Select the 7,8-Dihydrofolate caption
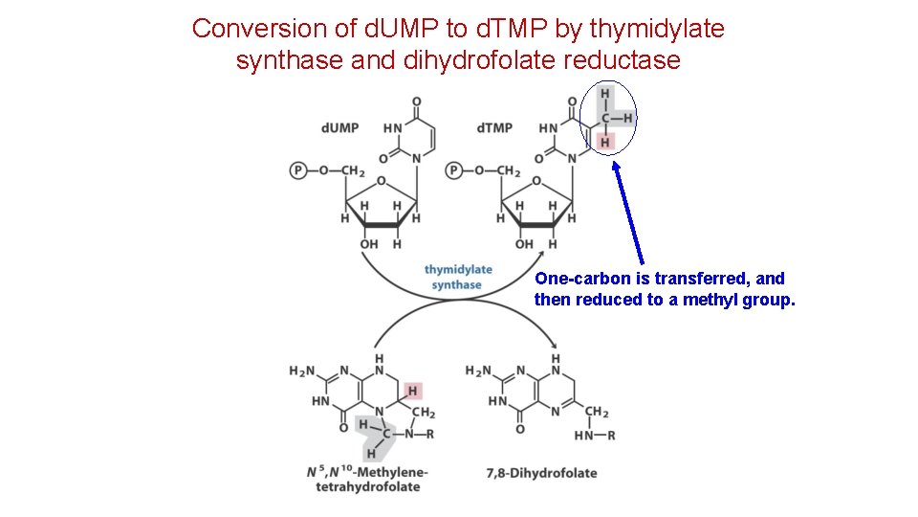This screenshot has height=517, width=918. pyautogui.click(x=541, y=473)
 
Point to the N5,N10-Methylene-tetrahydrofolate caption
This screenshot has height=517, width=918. pyautogui.click(x=366, y=480)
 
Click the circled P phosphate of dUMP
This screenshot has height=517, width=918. pyautogui.click(x=298, y=170)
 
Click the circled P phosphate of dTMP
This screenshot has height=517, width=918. pyautogui.click(x=454, y=170)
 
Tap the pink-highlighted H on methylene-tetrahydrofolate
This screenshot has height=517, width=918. pyautogui.click(x=412, y=391)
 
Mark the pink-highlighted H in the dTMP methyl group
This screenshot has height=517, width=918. pyautogui.click(x=604, y=143)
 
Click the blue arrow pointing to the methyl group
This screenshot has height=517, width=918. pyautogui.click(x=628, y=211)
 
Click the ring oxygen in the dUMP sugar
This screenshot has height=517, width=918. pyautogui.click(x=381, y=181)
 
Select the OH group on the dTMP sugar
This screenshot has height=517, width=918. pyautogui.click(x=523, y=244)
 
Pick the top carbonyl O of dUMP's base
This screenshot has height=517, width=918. pyautogui.click(x=417, y=101)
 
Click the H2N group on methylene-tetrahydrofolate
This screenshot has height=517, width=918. pyautogui.click(x=303, y=371)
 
